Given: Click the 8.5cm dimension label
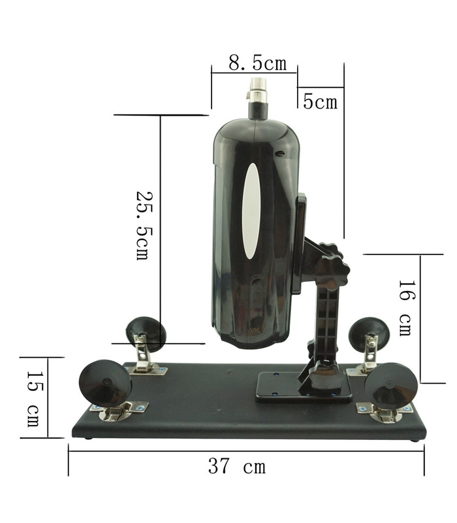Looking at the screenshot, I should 257,63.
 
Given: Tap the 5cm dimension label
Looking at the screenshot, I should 320,101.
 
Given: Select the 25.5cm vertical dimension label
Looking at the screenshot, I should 143,225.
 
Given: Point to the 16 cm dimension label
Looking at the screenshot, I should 405,307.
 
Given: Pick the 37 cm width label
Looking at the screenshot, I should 236,467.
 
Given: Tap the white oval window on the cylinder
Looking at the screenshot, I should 251,211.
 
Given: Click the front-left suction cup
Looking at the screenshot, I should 105,382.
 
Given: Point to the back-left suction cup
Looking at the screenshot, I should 145,331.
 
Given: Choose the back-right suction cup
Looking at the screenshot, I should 368,333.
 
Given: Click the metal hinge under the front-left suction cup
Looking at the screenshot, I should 118,412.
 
